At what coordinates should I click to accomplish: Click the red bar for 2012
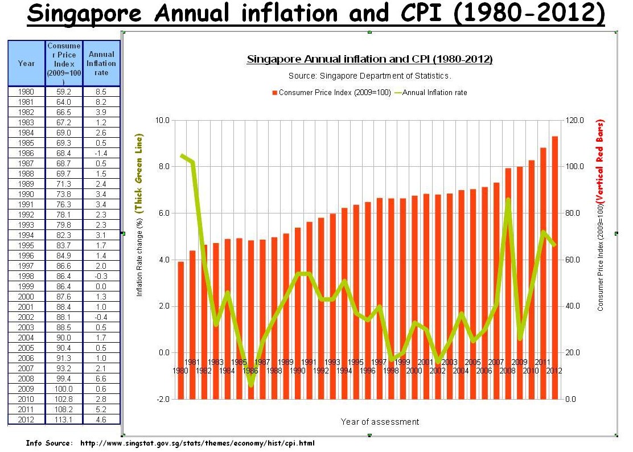tap(554, 268)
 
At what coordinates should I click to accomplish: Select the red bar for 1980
tap(181, 330)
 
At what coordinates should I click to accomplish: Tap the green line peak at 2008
tap(508, 199)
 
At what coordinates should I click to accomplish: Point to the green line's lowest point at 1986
tap(251, 385)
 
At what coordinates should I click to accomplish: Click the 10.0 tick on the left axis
tap(163, 120)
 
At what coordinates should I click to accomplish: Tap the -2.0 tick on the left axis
tap(163, 399)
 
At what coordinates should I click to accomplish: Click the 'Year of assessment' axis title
tap(380, 422)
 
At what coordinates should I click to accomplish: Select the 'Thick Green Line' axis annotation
tap(139, 174)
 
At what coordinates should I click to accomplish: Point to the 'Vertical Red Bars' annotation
tap(600, 162)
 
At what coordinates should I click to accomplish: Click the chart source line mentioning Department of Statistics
tap(369, 75)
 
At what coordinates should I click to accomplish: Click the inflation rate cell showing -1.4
tap(101, 153)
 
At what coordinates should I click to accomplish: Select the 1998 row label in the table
tap(26, 276)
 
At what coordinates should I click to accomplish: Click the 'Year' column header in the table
tap(26, 63)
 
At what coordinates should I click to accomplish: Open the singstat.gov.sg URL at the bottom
tap(197, 443)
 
